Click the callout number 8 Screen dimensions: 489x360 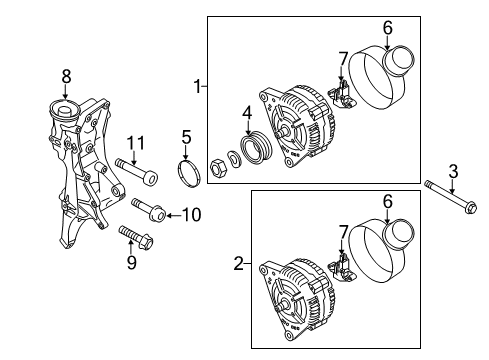coord(66,77)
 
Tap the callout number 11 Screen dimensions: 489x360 coord(136,143)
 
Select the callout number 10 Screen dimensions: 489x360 coord(192,215)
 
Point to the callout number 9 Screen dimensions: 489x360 coord(132,262)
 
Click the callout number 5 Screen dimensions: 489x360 coord(186,137)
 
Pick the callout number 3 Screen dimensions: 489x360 coord(453,172)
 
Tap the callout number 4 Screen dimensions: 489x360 coord(247,113)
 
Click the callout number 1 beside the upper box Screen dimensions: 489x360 coord(198,86)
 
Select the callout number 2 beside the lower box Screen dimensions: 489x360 coord(239,263)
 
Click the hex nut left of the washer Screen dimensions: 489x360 coord(219,167)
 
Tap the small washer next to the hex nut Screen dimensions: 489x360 coord(235,159)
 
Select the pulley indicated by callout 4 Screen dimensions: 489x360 coord(256,146)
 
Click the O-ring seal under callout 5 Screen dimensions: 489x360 coord(189,173)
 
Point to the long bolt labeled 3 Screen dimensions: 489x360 coord(450,196)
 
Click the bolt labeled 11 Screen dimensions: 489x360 coord(136,170)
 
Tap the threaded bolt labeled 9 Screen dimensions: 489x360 coord(136,237)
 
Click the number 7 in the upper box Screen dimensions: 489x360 coord(343,59)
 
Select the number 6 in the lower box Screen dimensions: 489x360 coord(387,202)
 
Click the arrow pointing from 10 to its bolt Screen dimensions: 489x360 coord(174,216)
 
